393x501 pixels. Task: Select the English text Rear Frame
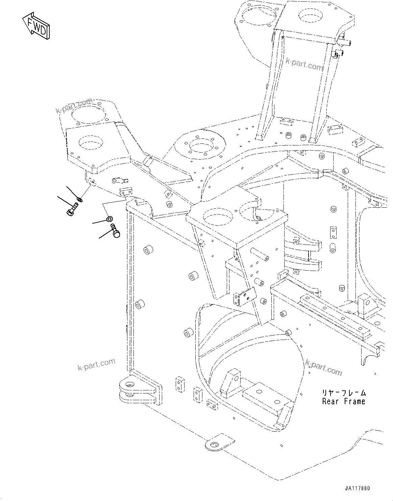[343, 401]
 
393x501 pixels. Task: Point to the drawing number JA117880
[358, 488]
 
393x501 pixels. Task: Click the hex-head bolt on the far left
[72, 210]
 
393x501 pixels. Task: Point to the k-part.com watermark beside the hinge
[96, 365]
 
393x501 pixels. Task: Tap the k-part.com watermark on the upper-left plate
[74, 106]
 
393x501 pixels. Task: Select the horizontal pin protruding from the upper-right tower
[344, 43]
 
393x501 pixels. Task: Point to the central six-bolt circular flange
[201, 146]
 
